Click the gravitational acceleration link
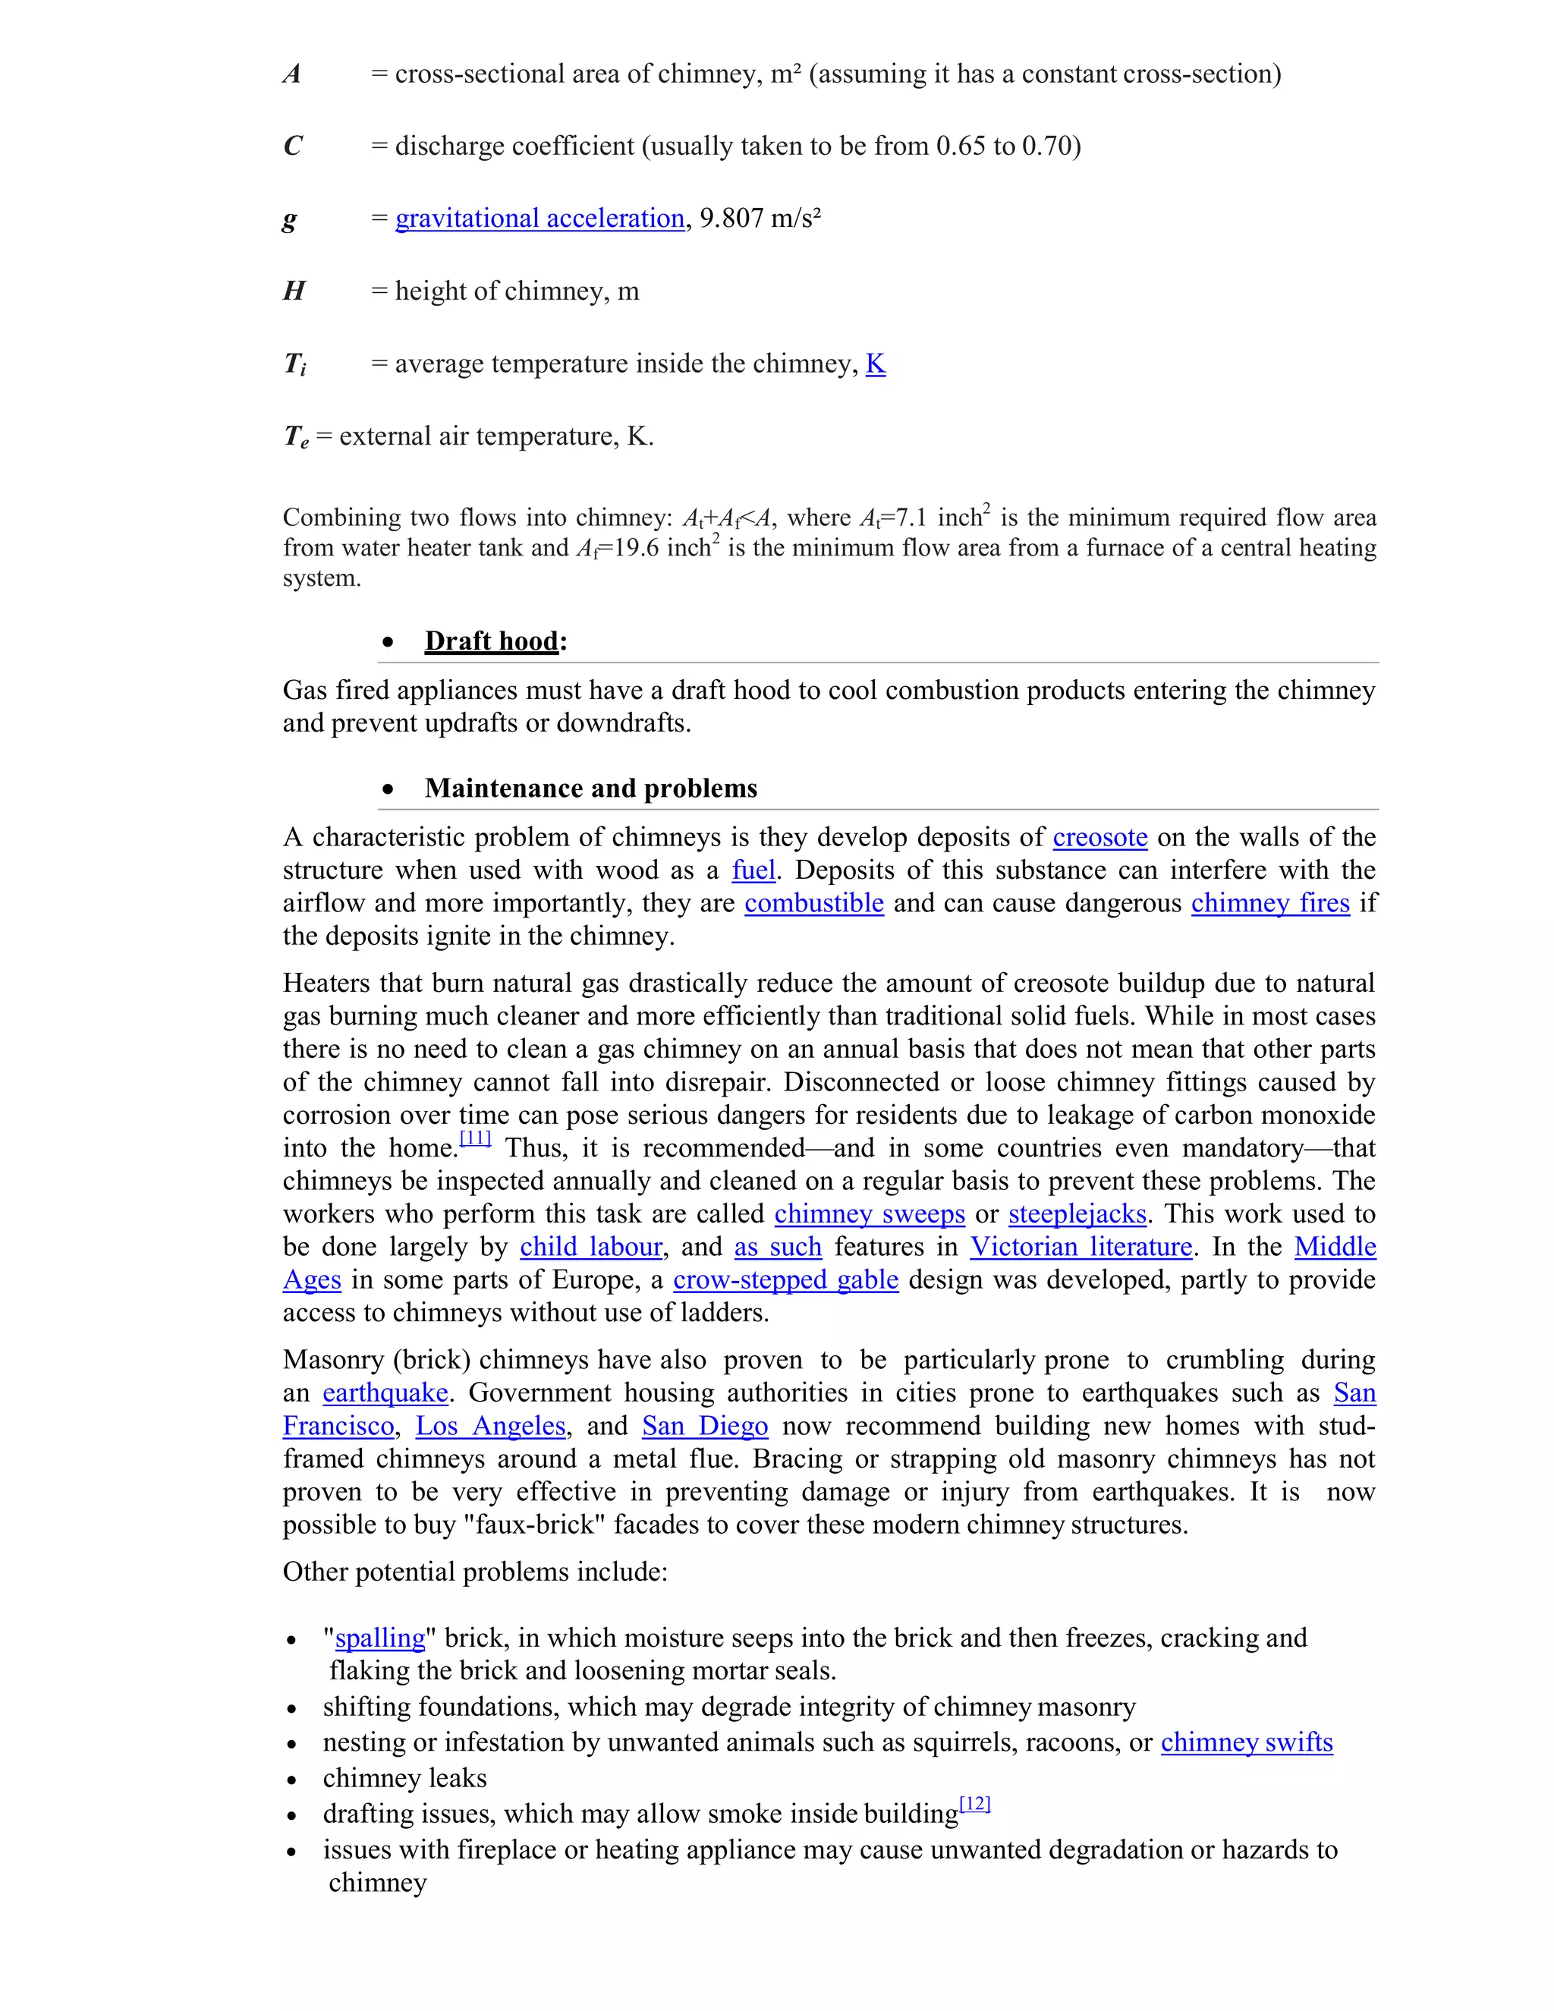tap(539, 219)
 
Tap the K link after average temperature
tap(876, 363)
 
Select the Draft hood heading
tap(492, 641)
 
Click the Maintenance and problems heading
tap(591, 788)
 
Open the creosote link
tap(1100, 837)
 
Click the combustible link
tap(814, 903)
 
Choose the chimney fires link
tap(1270, 903)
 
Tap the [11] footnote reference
tap(475, 1138)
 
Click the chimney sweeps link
tap(869, 1213)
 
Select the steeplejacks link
tap(1077, 1213)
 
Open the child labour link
tap(591, 1247)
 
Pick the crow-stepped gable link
tap(785, 1280)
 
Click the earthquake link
tap(385, 1393)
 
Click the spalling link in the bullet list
tap(379, 1638)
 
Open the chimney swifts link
tap(1247, 1742)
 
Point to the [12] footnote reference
tap(974, 1804)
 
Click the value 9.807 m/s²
tap(760, 219)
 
